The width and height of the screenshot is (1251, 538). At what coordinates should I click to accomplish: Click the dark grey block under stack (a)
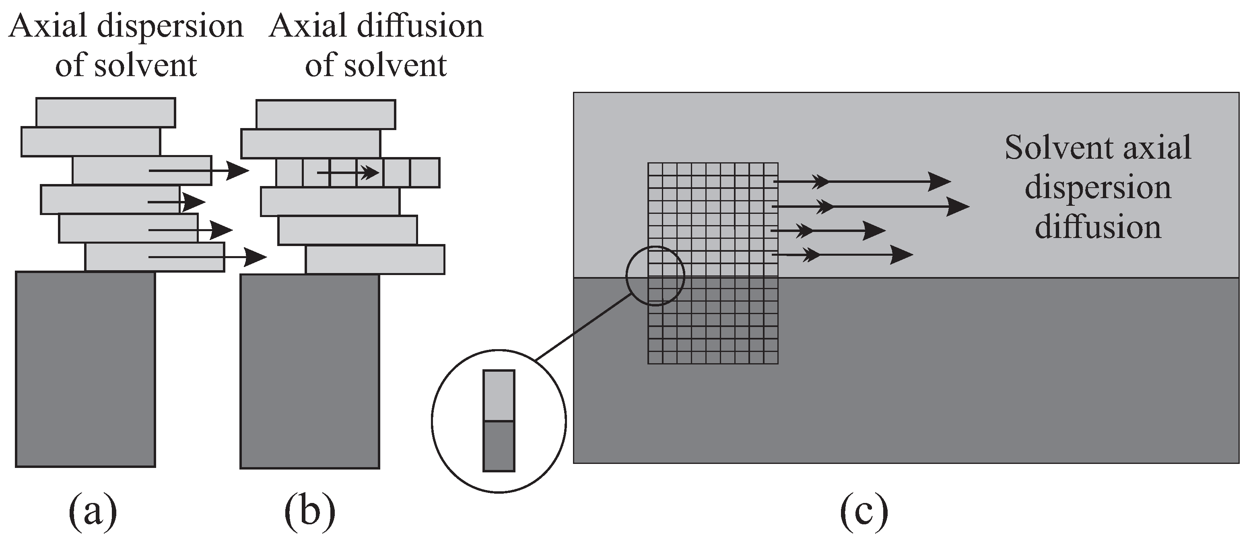click(x=85, y=369)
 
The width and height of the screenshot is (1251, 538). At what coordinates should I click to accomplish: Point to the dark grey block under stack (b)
click(x=310, y=372)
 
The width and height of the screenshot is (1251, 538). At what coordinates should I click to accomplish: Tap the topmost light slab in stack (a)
click(x=105, y=112)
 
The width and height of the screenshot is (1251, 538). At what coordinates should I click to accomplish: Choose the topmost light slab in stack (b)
click(x=326, y=114)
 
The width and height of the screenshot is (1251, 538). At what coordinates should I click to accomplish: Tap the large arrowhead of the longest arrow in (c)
click(x=958, y=207)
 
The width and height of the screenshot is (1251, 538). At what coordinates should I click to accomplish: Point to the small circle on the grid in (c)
click(x=655, y=276)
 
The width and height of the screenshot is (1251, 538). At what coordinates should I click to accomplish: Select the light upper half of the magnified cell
click(x=498, y=395)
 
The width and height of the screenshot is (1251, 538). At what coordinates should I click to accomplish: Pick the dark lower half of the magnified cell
click(x=498, y=446)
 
